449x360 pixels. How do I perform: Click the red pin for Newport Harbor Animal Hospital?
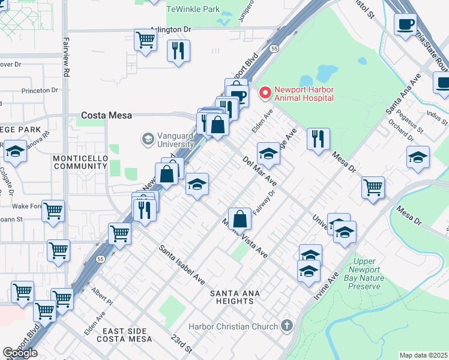265,94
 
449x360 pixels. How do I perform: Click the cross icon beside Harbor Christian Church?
287,326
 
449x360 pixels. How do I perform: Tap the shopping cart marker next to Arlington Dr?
146,40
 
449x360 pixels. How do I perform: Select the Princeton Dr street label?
39,90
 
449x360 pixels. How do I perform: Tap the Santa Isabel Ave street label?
181,265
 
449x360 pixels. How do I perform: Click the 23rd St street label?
181,344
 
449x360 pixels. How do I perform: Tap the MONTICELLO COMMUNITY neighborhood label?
80,162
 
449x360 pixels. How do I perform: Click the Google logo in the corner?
20,353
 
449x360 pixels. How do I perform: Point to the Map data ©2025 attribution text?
423,355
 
